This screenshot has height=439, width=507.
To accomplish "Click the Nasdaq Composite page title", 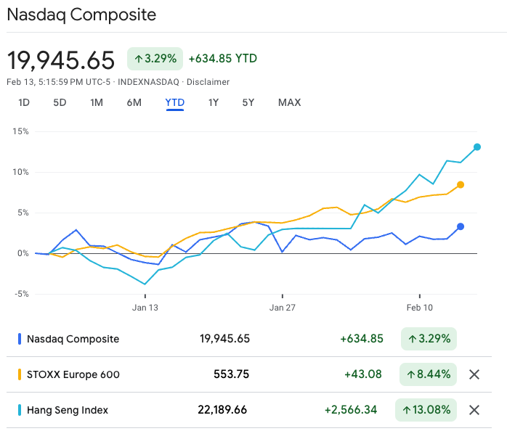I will (x=81, y=15).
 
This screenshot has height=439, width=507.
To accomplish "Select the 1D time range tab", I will (x=24, y=102).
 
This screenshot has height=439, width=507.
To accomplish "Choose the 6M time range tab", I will (x=134, y=102).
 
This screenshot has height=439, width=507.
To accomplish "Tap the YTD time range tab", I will (x=174, y=102).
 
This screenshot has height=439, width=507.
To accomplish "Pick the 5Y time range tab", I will (x=248, y=102).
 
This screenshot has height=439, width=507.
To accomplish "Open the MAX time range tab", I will (x=289, y=102).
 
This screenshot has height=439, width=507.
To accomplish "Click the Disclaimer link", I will (x=208, y=82).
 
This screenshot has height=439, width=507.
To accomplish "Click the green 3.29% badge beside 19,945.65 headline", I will (x=155, y=59).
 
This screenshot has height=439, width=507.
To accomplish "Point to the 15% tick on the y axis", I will (x=20, y=131).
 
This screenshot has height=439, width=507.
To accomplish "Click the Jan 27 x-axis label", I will (x=282, y=308).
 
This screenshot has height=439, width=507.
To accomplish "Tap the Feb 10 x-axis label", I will (x=419, y=308).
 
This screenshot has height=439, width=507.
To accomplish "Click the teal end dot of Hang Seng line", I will (x=477, y=147).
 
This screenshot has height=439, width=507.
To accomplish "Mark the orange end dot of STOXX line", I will (x=461, y=185).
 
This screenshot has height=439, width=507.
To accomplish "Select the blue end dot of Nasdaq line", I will (x=461, y=226).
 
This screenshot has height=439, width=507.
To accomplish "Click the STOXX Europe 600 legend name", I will (x=73, y=374).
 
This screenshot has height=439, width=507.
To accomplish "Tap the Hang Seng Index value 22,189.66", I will (x=222, y=410).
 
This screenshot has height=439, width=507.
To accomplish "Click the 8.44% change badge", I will (x=429, y=374).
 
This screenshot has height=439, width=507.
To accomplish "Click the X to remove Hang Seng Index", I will (x=474, y=410).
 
